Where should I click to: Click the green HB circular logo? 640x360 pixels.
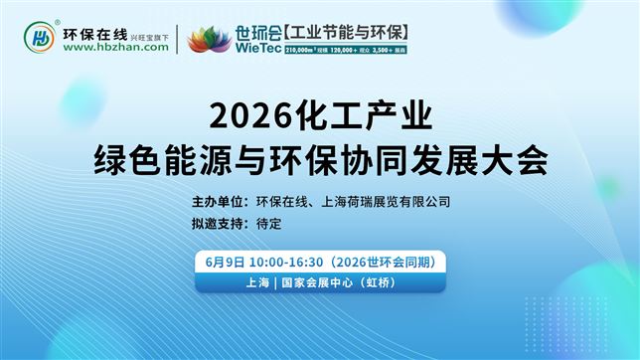click(x=40, y=39)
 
